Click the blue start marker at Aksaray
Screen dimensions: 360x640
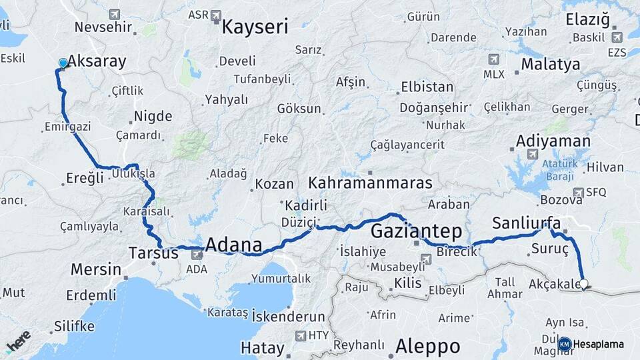click(63, 63)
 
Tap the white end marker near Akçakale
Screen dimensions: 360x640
click(584, 284)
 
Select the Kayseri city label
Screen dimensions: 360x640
click(255, 27)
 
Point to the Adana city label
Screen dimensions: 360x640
click(233, 244)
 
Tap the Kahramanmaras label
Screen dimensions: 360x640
click(370, 183)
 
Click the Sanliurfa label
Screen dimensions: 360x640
click(527, 223)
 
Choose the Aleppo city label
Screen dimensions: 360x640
click(427, 346)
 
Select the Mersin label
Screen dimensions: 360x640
click(96, 270)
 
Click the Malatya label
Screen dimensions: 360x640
click(550, 65)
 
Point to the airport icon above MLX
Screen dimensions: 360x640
click(493, 59)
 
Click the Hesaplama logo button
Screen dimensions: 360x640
click(593, 344)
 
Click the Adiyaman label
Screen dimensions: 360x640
click(553, 141)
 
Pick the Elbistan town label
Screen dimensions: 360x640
click(427, 87)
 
